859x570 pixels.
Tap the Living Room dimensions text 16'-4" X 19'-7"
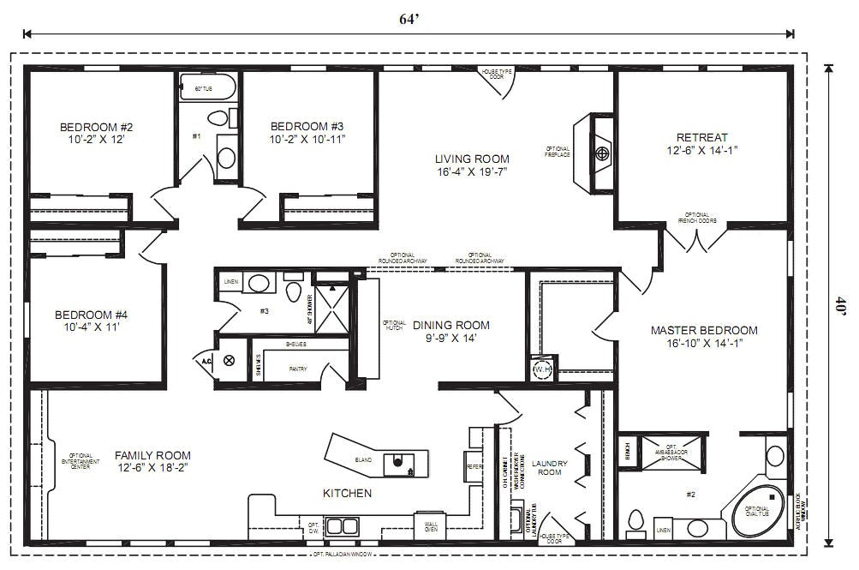[472, 171]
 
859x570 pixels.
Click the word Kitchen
[347, 493]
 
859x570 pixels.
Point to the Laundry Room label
[549, 467]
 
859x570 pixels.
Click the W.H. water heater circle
[542, 369]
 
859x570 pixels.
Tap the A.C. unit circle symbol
[229, 361]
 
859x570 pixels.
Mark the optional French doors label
[696, 218]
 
